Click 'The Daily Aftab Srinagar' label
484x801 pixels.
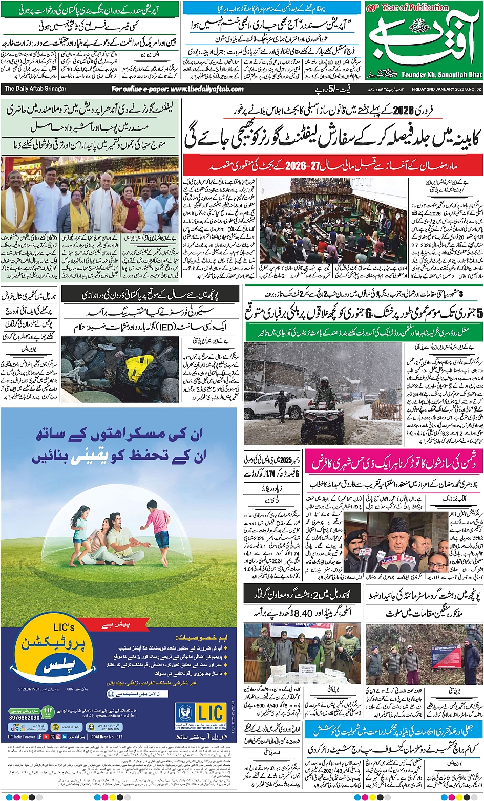pyautogui.click(x=35, y=89)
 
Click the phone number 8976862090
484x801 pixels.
pyautogui.click(x=24, y=718)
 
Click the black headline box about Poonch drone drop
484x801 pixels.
pyautogui.click(x=150, y=295)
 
